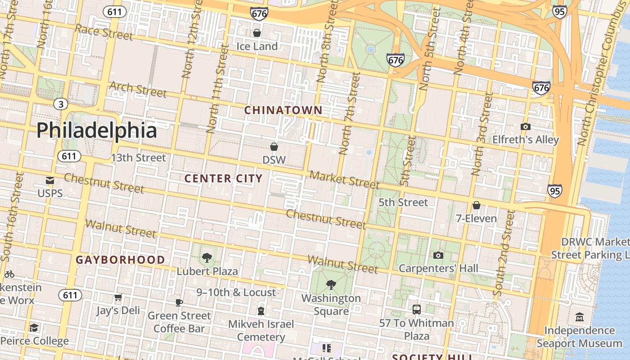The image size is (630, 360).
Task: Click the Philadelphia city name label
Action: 97,130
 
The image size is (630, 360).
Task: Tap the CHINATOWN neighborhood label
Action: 283,110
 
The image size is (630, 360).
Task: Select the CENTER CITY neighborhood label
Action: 224,179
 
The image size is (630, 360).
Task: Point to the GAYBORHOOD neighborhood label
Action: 120,260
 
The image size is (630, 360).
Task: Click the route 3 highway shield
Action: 61,104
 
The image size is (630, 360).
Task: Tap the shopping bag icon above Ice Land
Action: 257,33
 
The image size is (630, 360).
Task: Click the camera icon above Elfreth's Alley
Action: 525,127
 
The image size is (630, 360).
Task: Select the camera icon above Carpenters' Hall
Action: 438,256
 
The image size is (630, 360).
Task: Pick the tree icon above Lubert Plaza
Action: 207,258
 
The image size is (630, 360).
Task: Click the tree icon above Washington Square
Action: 331,284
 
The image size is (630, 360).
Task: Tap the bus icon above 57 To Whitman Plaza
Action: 417,310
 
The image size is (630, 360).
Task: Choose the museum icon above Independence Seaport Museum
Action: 580,317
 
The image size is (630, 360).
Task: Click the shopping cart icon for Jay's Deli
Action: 118,297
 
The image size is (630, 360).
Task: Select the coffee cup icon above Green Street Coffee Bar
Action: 179,302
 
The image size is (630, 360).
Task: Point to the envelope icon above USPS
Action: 50,180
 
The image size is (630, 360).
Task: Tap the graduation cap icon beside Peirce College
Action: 34,328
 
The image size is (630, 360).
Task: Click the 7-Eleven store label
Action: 477,219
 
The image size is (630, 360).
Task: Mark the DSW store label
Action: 274,160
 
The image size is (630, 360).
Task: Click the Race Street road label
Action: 104,32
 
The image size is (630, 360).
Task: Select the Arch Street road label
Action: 138,89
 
